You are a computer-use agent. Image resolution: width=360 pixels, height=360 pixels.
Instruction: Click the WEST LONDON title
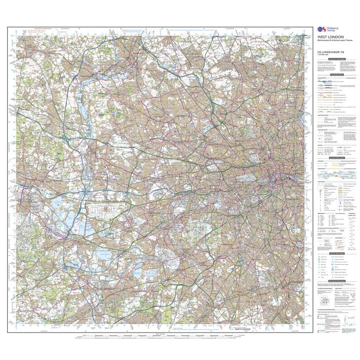pyautogui.click(x=326, y=37)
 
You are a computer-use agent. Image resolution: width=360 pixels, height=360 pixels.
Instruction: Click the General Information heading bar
pyautogui.click(x=336, y=157)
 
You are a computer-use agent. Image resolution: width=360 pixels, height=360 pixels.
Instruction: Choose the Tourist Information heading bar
pyautogui.click(x=336, y=253)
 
